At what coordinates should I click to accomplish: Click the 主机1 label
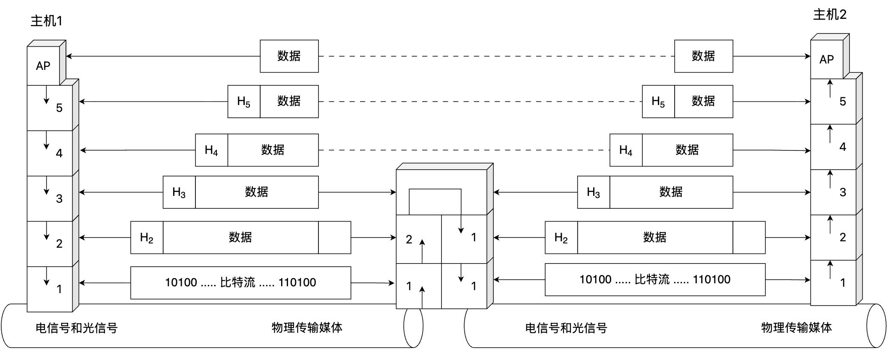(x=46, y=21)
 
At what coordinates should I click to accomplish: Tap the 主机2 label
(x=830, y=15)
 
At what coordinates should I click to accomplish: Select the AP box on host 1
(x=43, y=66)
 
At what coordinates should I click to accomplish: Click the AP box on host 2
(x=827, y=60)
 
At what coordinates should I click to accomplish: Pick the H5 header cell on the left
(x=244, y=102)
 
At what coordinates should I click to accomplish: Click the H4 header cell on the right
(x=626, y=150)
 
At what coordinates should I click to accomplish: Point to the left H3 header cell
(x=179, y=192)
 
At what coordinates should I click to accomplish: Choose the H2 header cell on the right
(x=561, y=237)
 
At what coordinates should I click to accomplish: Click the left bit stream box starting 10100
(x=241, y=283)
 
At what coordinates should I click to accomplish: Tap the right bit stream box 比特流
(x=655, y=279)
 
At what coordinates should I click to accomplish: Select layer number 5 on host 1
(x=59, y=108)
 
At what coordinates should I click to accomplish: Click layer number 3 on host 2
(x=843, y=192)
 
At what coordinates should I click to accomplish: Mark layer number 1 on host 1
(x=59, y=289)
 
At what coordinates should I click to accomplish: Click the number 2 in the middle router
(x=409, y=240)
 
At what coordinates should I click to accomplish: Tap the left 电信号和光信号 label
(x=76, y=328)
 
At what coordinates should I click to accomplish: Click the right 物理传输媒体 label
(x=796, y=328)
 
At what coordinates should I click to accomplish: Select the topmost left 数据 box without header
(x=289, y=56)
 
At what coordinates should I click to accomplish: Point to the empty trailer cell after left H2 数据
(x=335, y=237)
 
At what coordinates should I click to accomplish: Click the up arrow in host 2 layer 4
(x=830, y=134)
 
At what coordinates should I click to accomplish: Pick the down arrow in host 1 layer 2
(x=46, y=231)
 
